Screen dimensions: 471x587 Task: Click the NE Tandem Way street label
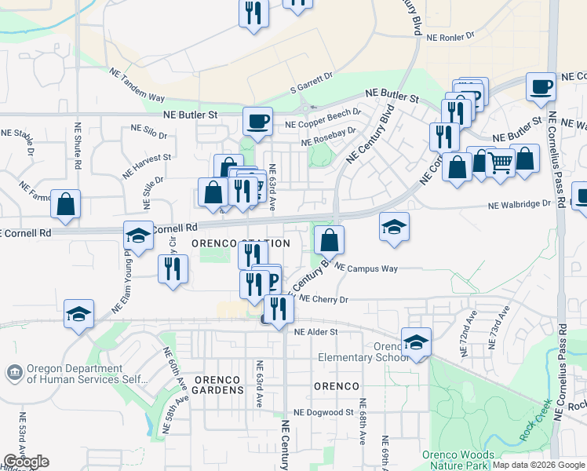tap(137, 86)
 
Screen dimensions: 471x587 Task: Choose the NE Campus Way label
tap(366, 268)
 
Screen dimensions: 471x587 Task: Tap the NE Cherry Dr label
tap(323, 299)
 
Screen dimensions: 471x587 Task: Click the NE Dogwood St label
tap(323, 412)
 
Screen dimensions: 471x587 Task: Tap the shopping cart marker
tap(501, 163)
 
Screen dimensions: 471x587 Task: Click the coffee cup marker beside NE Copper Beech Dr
tap(257, 121)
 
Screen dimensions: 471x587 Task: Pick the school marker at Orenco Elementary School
tap(416, 342)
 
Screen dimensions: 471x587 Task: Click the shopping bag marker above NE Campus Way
tap(330, 239)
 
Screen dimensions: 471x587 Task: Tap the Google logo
tap(26, 462)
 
